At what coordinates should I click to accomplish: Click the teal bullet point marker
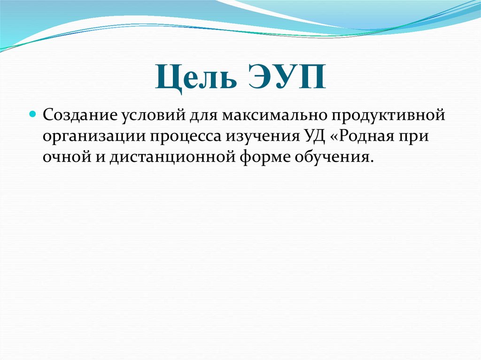(33, 114)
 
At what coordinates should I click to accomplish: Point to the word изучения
(261, 136)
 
